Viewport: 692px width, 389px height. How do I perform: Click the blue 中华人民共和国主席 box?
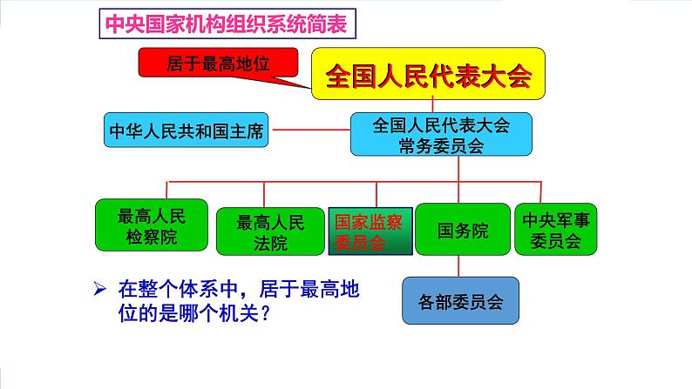click(x=186, y=133)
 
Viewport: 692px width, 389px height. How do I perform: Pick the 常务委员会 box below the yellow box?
click(x=441, y=135)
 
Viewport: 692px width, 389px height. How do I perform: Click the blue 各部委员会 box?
click(x=460, y=302)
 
